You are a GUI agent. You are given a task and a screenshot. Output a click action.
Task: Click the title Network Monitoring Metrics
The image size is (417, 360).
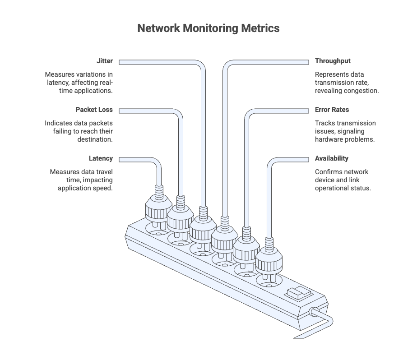click(x=208, y=28)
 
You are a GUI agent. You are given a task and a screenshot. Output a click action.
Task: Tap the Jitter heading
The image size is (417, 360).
click(x=104, y=61)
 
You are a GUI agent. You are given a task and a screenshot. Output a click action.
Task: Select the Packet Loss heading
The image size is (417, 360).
click(x=94, y=110)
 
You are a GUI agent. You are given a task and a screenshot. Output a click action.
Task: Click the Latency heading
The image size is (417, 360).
click(x=101, y=159)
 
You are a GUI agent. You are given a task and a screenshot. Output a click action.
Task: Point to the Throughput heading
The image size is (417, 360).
click(x=333, y=61)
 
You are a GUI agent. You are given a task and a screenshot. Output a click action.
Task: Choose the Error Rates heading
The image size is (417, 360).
click(x=332, y=110)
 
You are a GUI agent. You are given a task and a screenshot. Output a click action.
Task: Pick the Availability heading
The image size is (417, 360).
click(x=331, y=159)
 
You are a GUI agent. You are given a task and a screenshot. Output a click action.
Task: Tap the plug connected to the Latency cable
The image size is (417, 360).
click(x=158, y=209)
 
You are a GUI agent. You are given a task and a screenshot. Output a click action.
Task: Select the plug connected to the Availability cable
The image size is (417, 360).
click(x=269, y=258)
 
